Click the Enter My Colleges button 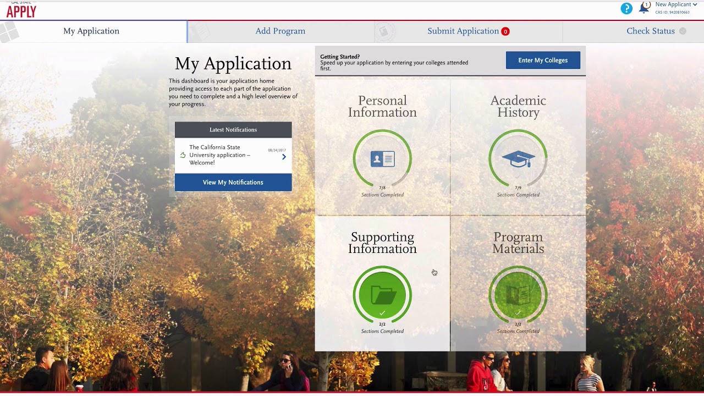pos(543,60)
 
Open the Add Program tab pos(280,31)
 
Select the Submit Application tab pos(463,31)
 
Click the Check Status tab pos(651,31)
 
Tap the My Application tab pos(91,31)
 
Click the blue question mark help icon pos(626,8)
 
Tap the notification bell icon pos(643,8)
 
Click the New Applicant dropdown pos(676,5)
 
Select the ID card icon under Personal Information pos(382,159)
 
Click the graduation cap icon pos(518,159)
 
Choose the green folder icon pos(382,295)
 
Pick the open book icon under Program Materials pos(518,295)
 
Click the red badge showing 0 pos(505,31)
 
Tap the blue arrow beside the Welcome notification pos(284,157)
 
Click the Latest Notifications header pos(233,130)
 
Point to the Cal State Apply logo pos(21,9)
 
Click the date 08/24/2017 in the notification pos(277,150)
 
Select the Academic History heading pos(518,107)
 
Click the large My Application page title pos(233,64)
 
